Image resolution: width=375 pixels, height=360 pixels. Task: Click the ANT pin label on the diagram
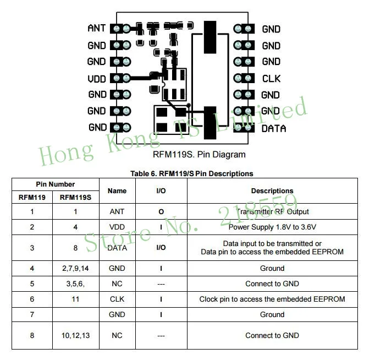[x=96, y=28]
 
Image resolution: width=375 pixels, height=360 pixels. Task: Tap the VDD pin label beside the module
[x=97, y=79]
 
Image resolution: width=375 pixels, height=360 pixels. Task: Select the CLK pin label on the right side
[x=271, y=79]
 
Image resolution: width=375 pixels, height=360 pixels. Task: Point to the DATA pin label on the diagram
[x=274, y=129]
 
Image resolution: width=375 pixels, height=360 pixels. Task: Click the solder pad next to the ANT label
[x=120, y=29]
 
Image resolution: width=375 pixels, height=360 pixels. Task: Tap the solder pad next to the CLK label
[x=244, y=78]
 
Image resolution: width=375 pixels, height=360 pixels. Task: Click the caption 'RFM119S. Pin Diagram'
[x=199, y=154]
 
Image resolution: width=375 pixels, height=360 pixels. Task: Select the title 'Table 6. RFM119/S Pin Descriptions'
[x=191, y=173]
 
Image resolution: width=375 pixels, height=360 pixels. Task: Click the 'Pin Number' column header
[x=55, y=184]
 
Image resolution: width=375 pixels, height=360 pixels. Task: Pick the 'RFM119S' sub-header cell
[x=75, y=197]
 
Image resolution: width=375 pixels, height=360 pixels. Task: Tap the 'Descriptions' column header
[x=272, y=191]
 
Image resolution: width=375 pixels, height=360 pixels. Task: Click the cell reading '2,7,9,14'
[x=75, y=268]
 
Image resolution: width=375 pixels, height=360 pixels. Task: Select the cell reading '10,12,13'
[x=75, y=335]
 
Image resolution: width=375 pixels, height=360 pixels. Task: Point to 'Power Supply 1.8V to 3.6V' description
[x=272, y=227]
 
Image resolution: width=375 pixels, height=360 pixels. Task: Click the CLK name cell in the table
[x=117, y=299]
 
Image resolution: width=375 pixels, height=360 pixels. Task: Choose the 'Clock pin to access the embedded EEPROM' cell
[x=272, y=299]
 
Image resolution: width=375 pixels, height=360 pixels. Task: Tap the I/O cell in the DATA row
[x=161, y=248]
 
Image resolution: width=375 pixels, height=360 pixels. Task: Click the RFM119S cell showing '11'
[x=75, y=299]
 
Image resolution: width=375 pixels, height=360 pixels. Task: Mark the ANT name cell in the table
[x=117, y=211]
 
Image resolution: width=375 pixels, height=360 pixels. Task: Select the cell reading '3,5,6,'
[x=75, y=283]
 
